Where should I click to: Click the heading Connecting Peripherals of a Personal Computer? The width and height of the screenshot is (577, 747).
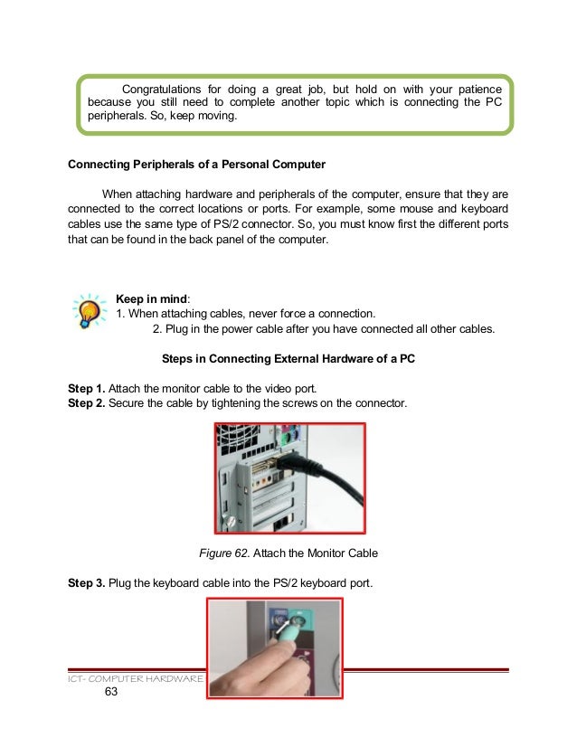pos(196,165)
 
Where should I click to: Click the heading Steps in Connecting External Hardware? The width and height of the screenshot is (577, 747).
pos(288,358)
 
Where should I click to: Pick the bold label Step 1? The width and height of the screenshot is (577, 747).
pos(86,388)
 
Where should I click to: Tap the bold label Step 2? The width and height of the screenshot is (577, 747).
pos(86,402)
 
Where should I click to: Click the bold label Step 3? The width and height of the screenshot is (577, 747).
pos(86,582)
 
